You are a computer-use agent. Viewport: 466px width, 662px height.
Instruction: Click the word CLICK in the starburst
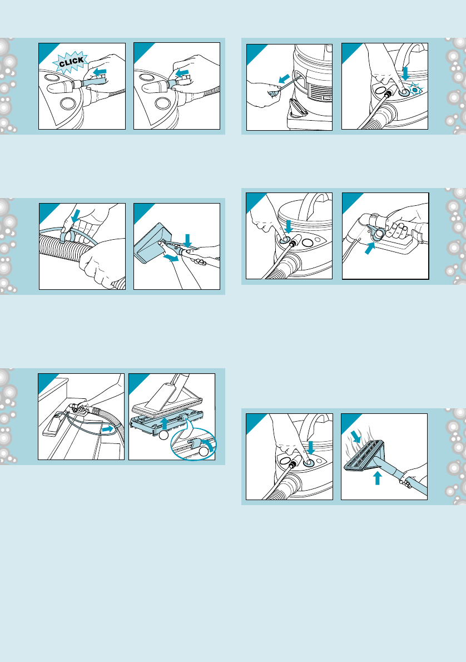click(x=71, y=62)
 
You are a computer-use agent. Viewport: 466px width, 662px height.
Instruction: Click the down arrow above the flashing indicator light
click(x=405, y=73)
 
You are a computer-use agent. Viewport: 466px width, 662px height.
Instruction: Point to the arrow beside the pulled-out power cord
click(x=284, y=78)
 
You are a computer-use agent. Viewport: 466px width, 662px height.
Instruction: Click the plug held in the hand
click(x=274, y=91)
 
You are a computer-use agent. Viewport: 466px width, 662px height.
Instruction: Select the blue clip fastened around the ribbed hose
click(x=67, y=235)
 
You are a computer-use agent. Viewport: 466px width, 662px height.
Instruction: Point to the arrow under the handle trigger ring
click(x=370, y=248)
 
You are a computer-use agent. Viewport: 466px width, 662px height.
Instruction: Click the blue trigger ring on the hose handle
click(x=377, y=233)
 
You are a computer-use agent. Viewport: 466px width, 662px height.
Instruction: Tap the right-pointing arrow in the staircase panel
click(x=108, y=428)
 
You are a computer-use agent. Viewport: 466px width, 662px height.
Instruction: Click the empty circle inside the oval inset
click(x=204, y=452)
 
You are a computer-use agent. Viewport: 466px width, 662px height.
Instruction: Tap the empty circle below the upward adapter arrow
click(x=163, y=435)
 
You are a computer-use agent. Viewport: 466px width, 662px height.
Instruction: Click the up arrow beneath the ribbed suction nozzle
click(x=378, y=478)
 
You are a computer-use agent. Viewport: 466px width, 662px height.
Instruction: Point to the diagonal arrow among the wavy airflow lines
click(x=356, y=437)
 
